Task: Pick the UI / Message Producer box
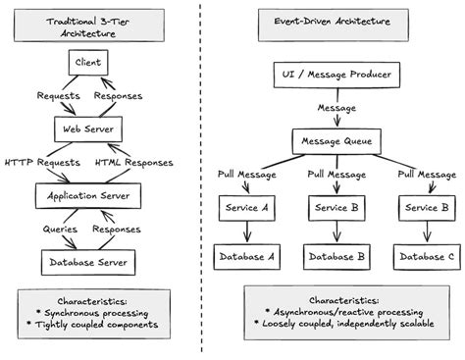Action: click(336, 74)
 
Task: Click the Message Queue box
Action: click(336, 142)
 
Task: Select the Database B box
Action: click(336, 257)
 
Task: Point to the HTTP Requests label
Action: click(40, 163)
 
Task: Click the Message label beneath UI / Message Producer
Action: click(336, 109)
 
